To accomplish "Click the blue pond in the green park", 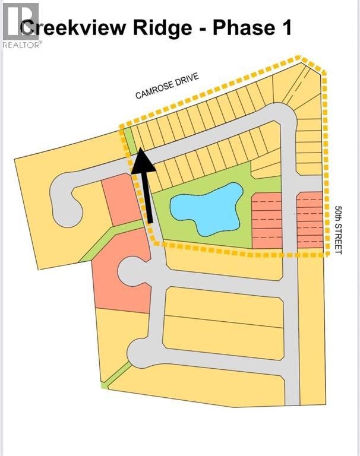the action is [207, 208].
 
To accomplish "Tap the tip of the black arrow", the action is [141, 148].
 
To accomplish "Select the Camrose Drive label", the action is [168, 85].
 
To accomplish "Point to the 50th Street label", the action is [338, 230].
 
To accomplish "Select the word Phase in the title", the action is [244, 28].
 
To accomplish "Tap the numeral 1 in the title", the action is [286, 28].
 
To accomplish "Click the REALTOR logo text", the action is [22, 45].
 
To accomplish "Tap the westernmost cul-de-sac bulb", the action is [65, 201].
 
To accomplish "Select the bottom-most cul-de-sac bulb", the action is [142, 353].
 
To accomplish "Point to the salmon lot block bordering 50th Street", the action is [310, 220].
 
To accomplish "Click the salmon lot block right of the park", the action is [267, 220].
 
